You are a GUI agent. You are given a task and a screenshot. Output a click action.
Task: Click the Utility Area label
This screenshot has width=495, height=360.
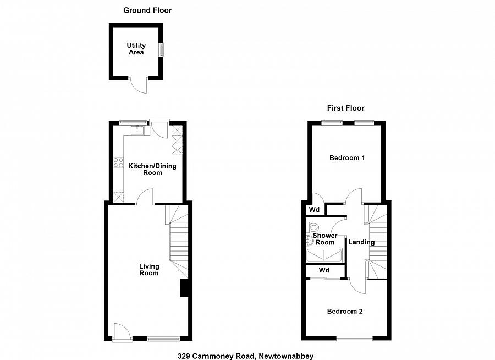point(136,49)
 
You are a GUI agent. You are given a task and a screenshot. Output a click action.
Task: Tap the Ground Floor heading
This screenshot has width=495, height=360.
point(147,10)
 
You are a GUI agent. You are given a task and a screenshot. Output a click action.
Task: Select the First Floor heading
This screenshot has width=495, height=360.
point(345,108)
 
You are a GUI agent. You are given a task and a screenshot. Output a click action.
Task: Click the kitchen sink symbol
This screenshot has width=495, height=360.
point(137,130)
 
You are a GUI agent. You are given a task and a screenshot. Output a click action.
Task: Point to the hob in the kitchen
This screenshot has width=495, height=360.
point(118,162)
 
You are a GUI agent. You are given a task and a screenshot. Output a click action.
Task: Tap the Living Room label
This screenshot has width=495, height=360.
point(148,269)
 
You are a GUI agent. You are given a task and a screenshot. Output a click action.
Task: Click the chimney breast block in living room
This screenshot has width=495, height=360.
point(185,288)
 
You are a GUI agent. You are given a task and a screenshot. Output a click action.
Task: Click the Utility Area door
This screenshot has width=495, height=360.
point(140,85)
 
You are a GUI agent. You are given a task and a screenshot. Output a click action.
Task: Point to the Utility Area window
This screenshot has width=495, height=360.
point(161,50)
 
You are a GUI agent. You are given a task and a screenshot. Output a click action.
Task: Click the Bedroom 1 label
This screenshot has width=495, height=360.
point(347,158)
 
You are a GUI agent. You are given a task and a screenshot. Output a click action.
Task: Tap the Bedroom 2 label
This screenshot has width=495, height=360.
point(345,311)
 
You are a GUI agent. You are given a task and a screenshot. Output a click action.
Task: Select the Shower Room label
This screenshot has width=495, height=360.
point(324,239)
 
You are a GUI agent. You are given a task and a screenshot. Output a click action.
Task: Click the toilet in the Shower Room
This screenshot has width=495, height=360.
point(313,227)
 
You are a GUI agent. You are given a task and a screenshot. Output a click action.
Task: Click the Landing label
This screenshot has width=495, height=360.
point(362,242)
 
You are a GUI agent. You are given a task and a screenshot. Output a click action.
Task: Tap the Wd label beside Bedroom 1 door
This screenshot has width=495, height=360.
point(314,210)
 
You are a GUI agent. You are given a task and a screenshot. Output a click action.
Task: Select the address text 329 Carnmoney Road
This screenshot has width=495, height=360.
point(245,356)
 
